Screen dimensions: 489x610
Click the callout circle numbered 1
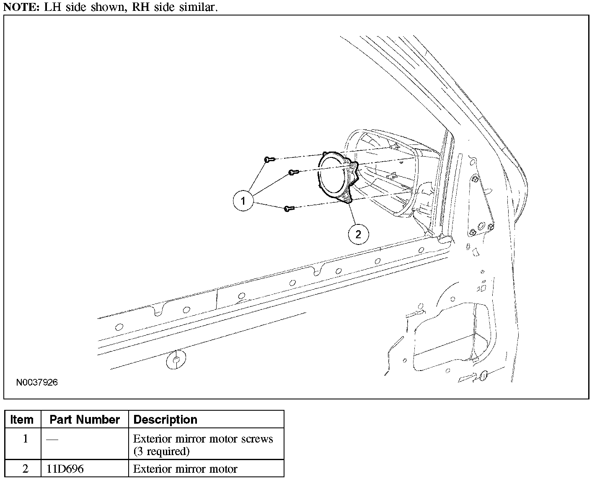(x=243, y=201)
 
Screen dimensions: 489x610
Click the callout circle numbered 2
(x=358, y=234)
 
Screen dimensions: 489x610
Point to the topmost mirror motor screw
(x=269, y=159)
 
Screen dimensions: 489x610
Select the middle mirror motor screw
(x=294, y=172)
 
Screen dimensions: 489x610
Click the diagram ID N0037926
(x=37, y=382)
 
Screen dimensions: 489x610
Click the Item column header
(x=22, y=420)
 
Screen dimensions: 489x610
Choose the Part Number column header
(x=85, y=420)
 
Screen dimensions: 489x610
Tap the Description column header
(x=165, y=420)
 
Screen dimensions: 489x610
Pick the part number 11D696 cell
(x=65, y=469)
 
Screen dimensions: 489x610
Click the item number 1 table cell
(x=26, y=439)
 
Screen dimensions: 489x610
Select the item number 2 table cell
(x=26, y=469)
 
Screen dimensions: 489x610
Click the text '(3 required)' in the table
(x=161, y=451)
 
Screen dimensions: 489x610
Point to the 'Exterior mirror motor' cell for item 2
(x=185, y=469)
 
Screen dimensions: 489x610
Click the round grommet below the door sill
(x=176, y=360)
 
